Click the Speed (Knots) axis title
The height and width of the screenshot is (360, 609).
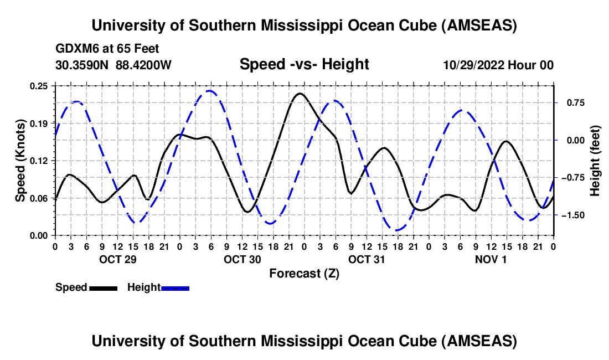[20, 160]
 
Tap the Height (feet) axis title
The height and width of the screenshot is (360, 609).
[595, 160]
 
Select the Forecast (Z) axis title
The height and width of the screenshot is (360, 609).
[304, 273]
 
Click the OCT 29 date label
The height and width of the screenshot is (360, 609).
[117, 259]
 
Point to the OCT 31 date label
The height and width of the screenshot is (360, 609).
[366, 259]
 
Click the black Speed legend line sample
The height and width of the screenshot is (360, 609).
[102, 288]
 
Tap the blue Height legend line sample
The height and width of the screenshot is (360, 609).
[175, 288]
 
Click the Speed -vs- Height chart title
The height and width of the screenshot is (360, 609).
[304, 64]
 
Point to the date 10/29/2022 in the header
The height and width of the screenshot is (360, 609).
[474, 65]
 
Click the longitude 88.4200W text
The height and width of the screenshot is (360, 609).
[144, 65]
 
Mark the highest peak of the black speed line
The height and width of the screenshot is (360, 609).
[300, 93]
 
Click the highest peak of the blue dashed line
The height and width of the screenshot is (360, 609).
[209, 91]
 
